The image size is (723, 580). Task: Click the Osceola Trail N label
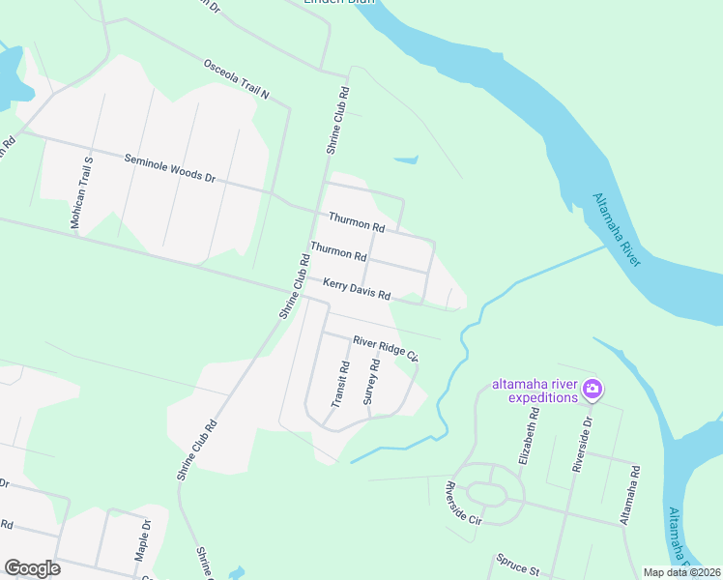(x=235, y=80)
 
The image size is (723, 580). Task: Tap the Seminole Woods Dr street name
(x=169, y=168)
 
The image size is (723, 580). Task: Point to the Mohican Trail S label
(x=81, y=192)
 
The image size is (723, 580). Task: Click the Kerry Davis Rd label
(x=357, y=289)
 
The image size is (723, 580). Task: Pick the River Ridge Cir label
(x=385, y=348)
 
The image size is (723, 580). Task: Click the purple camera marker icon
(x=593, y=390)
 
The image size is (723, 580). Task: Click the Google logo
(x=32, y=568)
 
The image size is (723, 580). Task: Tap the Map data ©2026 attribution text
(x=681, y=572)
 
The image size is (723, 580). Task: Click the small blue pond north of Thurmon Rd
(x=407, y=159)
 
